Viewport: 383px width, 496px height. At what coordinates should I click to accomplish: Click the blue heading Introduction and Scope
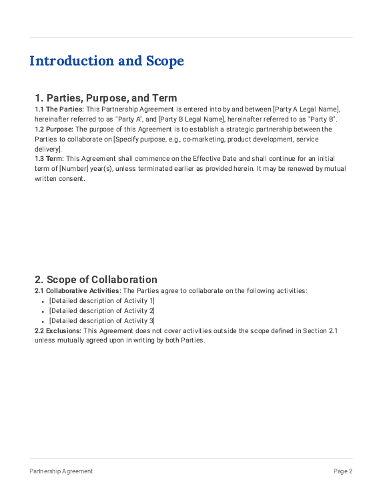pos(106,61)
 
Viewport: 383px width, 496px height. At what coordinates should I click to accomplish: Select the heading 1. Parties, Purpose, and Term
pos(105,98)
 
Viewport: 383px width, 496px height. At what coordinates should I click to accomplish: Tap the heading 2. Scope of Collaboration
pos(96,280)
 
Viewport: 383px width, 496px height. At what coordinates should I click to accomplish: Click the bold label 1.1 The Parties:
pos(59,109)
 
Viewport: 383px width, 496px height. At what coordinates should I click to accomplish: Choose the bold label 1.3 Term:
pos(49,159)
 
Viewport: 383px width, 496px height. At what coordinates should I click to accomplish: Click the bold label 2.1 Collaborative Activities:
pos(78,290)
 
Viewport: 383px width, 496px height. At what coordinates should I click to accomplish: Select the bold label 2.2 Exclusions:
pos(58,330)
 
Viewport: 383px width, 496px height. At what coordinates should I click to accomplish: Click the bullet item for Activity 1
pos(102,301)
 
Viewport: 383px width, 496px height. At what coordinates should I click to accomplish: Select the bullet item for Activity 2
pos(102,311)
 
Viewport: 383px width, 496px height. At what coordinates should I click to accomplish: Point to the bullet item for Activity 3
pos(102,321)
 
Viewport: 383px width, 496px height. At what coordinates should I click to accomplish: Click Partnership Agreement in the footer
pos(61,471)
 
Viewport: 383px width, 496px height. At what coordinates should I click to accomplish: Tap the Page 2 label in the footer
pos(343,471)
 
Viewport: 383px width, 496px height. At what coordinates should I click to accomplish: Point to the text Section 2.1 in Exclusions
pos(320,330)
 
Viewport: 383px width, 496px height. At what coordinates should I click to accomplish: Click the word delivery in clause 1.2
pos(47,149)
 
